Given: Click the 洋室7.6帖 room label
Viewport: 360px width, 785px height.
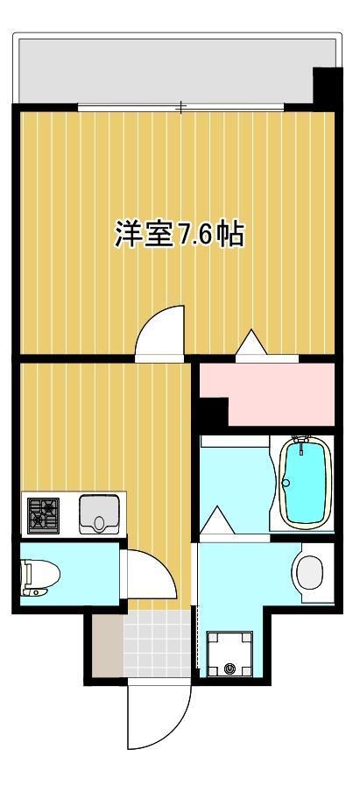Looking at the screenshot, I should tap(179, 235).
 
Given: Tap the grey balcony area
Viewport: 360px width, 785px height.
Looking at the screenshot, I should tap(166, 70).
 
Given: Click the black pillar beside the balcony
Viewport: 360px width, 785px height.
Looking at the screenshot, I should tap(327, 87).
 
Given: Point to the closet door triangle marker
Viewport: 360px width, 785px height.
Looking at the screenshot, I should tap(251, 343).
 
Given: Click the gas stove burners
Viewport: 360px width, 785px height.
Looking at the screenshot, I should tap(41, 514).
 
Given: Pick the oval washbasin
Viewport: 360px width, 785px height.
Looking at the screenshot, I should tap(309, 574).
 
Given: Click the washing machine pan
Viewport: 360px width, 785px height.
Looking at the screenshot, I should tap(229, 654).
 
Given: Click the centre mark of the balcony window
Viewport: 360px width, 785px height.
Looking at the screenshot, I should tap(181, 108).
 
